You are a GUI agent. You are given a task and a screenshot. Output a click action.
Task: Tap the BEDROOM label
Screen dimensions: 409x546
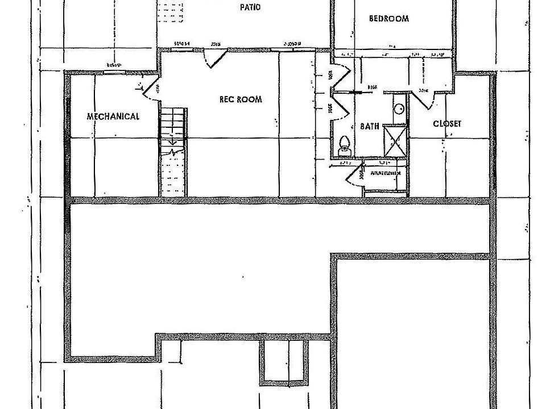389,18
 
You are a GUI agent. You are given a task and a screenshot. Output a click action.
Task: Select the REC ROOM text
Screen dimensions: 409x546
241,99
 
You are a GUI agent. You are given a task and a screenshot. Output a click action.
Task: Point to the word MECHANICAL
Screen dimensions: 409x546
113,116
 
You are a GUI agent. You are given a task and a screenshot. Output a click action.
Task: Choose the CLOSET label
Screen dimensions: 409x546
447,123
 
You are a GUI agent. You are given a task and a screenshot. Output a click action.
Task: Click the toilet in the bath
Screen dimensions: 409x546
344,145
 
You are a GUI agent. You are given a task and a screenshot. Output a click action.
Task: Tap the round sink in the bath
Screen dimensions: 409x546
399,108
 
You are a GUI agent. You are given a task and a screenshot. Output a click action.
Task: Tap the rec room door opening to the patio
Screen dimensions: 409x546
215,57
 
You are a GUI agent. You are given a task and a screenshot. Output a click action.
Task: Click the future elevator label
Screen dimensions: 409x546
386,173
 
